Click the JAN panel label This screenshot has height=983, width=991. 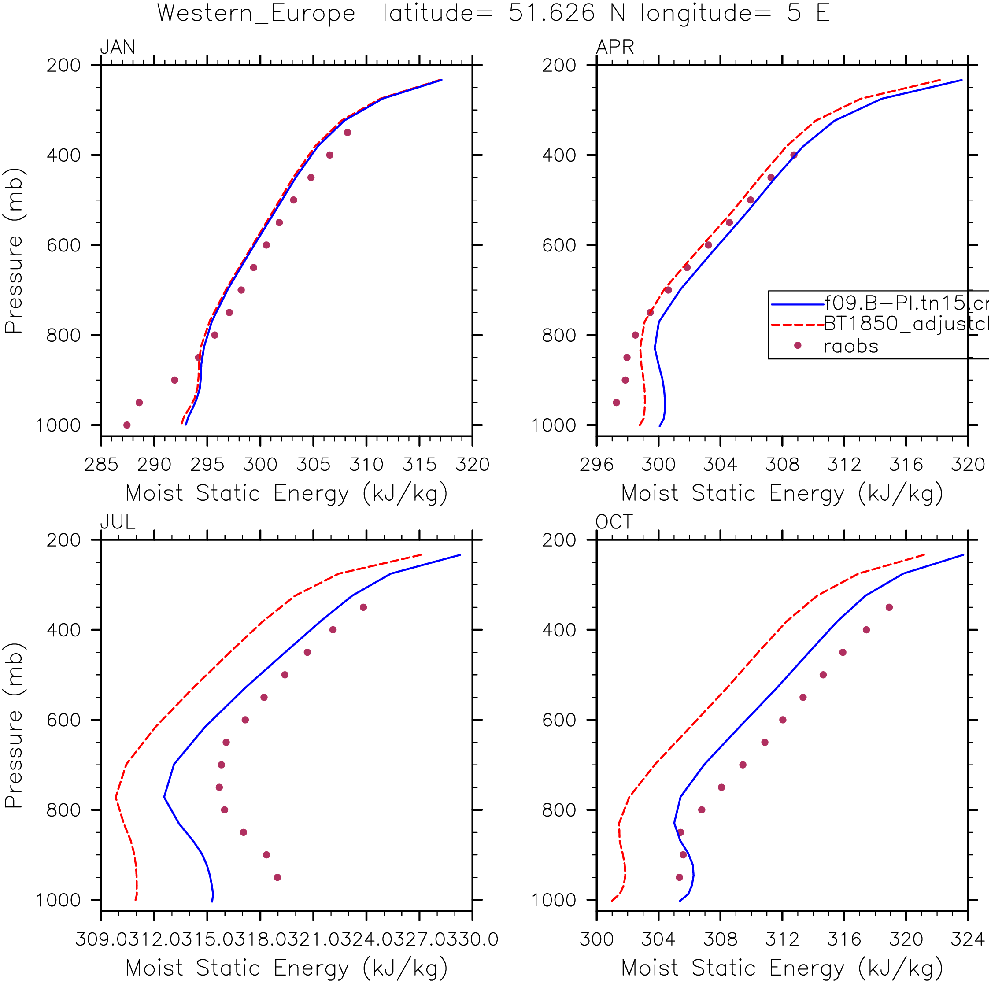click(118, 47)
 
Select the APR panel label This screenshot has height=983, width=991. click(614, 47)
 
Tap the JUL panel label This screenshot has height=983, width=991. click(118, 522)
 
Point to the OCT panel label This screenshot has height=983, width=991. click(614, 522)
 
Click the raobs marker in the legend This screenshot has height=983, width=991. click(797, 346)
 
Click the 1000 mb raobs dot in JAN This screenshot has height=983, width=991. click(127, 425)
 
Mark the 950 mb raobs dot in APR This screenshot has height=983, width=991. click(616, 403)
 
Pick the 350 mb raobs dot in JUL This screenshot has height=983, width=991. click(363, 608)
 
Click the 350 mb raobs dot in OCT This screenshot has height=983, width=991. click(889, 608)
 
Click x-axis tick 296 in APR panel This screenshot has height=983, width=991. click(596, 465)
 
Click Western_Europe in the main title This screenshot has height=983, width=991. click(256, 13)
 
